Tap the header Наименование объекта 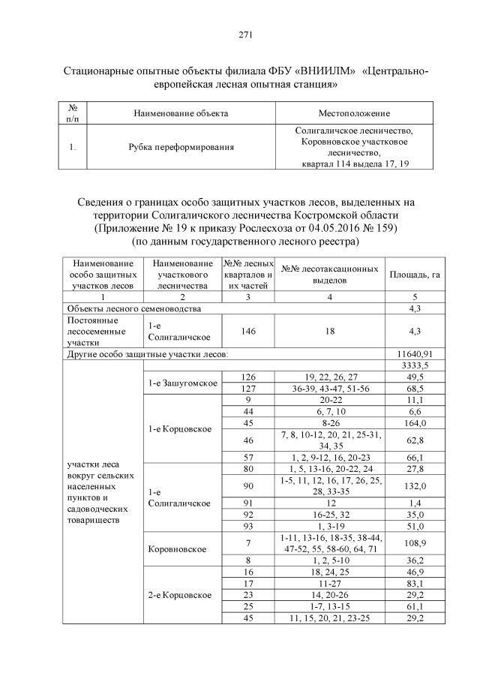[180, 113]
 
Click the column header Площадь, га [414, 274]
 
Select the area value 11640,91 [414, 353]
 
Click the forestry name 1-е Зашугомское [182, 383]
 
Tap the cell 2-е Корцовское [180, 595]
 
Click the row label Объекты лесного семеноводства [133, 308]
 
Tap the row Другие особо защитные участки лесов [147, 353]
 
